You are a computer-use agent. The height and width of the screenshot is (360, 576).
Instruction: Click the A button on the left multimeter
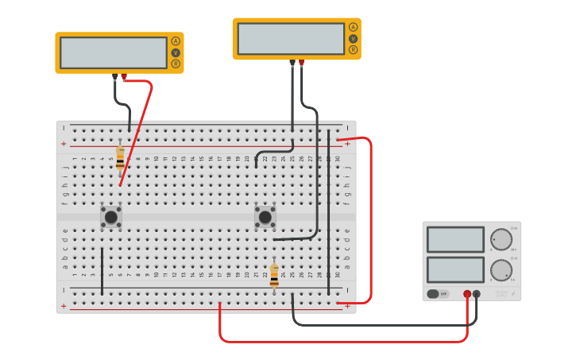176,41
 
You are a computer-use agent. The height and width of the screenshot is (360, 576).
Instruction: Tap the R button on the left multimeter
176,64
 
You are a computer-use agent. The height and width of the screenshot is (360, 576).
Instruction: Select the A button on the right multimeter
353,27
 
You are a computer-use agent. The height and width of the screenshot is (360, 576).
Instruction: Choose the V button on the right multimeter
353,38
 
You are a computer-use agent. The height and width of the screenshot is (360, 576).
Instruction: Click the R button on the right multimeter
353,49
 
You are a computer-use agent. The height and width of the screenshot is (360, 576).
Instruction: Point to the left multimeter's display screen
114,52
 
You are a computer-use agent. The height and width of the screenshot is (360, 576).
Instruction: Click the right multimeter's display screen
291,38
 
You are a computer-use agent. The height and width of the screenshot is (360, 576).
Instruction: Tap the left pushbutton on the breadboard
111,216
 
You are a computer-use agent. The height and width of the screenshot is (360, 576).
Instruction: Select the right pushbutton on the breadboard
265,216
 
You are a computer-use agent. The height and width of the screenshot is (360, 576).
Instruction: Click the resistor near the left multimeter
120,158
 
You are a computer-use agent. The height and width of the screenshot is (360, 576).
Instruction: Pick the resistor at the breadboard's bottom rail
274,275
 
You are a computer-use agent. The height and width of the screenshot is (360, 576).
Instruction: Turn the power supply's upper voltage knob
501,239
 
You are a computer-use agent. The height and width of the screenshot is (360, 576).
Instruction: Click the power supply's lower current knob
501,269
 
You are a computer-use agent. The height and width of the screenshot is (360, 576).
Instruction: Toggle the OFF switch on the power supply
438,293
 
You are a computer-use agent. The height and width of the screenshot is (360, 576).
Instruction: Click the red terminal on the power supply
467,294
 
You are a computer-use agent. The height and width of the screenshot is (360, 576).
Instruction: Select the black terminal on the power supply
477,294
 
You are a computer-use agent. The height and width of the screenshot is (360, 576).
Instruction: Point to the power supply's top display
455,239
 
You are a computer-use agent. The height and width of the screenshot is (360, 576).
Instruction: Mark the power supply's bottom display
455,269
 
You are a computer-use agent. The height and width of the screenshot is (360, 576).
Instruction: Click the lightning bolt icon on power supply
513,294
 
